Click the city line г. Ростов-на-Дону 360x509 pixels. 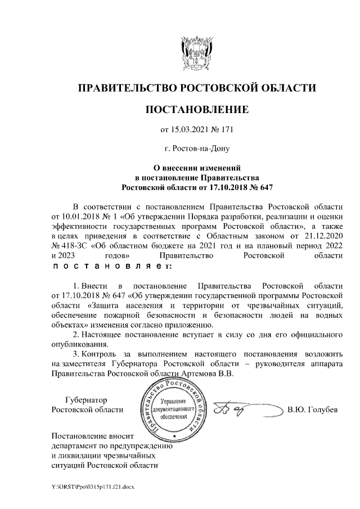[196, 149]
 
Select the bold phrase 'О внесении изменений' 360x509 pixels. [197, 167]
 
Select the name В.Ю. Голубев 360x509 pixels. [313, 409]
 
